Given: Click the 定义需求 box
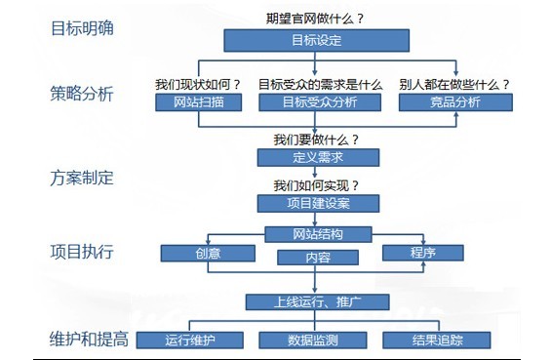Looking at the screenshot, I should coord(318,157).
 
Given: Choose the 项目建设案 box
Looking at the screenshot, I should coord(318,203).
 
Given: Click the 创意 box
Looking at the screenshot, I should coord(206,253).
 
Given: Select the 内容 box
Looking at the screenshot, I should coord(318,259).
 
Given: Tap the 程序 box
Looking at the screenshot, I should coord(422,253).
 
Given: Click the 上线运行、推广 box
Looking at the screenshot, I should coord(318,301).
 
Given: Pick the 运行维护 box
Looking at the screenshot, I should coord(189,340).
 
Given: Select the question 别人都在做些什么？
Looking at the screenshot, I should coord(454,84).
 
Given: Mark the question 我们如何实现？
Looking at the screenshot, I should coord(316,185).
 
